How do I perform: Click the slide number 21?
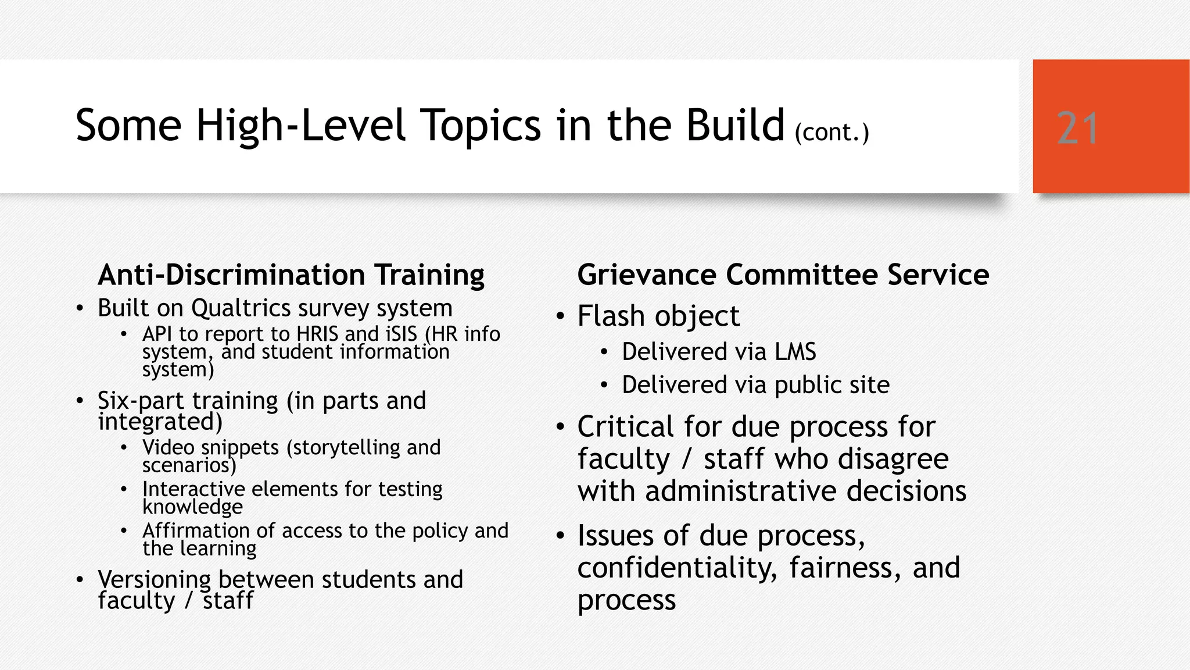[x=1078, y=128]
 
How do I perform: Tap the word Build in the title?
[x=735, y=125]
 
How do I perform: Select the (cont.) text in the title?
[x=831, y=133]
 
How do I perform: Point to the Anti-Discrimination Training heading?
[x=291, y=275]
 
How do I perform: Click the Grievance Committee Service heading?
[x=783, y=275]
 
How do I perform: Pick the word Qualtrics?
[x=241, y=308]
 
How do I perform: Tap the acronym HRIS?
[x=317, y=334]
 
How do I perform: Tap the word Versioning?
[x=154, y=580]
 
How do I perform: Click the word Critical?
[x=625, y=427]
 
